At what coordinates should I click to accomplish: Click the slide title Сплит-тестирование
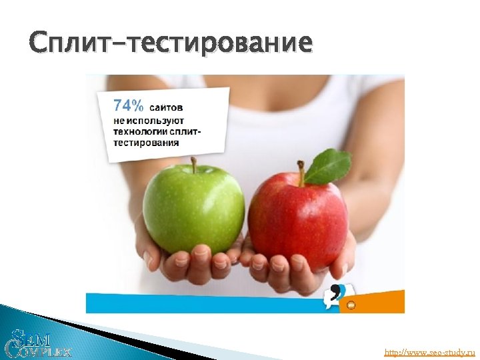(171, 43)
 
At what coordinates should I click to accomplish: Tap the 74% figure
(127, 105)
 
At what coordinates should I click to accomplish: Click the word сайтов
(167, 107)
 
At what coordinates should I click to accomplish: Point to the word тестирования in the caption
(145, 142)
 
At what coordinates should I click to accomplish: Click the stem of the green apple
(193, 163)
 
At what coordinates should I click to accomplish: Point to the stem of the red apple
(301, 171)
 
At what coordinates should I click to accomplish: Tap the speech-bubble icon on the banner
(334, 296)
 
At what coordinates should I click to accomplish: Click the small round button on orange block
(351, 305)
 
